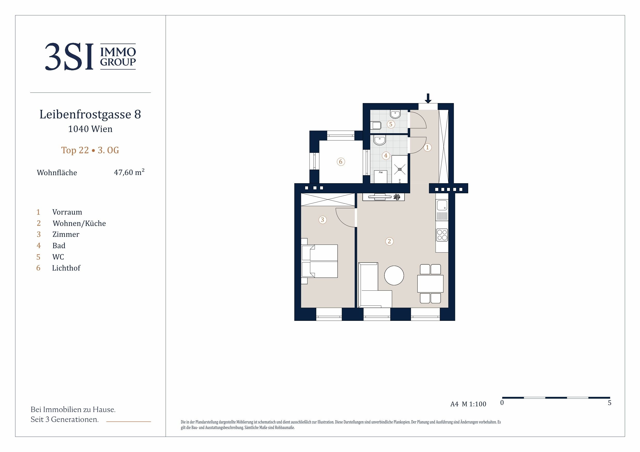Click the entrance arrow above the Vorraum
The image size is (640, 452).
click(x=428, y=98)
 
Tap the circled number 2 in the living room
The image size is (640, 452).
click(x=390, y=241)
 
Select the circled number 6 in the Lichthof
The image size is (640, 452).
click(x=341, y=162)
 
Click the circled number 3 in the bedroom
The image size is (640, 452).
click(x=322, y=220)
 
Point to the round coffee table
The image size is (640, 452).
click(x=394, y=275)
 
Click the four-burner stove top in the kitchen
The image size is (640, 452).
click(x=442, y=235)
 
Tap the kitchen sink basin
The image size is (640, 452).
click(x=442, y=205)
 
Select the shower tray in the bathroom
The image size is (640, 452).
click(x=400, y=169)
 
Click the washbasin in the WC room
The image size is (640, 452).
click(x=395, y=114)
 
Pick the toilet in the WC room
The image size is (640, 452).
click(x=376, y=125)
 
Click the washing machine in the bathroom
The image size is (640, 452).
click(x=380, y=177)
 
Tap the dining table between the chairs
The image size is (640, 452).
click(x=430, y=284)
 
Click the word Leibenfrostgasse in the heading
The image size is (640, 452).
click(x=85, y=114)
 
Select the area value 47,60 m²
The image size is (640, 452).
click(x=129, y=172)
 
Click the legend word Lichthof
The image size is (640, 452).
click(x=66, y=268)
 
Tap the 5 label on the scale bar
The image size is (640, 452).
click(x=609, y=403)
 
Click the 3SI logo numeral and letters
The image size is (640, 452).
click(x=69, y=56)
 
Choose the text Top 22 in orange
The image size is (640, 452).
click(x=75, y=150)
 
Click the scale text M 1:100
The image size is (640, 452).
click(x=474, y=404)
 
